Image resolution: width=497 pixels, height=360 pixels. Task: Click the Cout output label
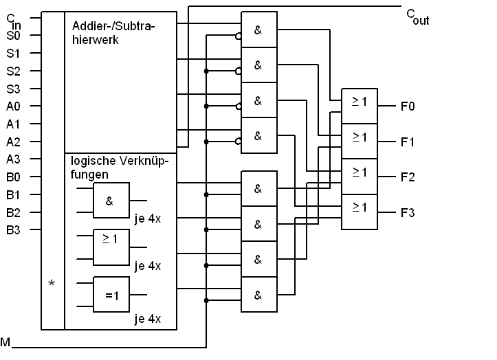[x=417, y=17]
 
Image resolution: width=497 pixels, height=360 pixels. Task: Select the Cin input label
[x=14, y=21]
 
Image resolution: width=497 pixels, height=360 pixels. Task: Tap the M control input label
[x=5, y=342]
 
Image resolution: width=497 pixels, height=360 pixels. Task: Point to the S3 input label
[x=13, y=89]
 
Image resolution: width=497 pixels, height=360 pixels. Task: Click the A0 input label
[x=13, y=106]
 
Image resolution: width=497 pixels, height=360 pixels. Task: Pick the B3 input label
[x=13, y=229]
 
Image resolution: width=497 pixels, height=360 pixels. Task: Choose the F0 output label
[x=408, y=106]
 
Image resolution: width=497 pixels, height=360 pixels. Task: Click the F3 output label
[x=408, y=213]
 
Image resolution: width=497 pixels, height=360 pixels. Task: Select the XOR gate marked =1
[x=111, y=295]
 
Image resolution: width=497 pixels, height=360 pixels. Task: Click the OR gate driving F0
[x=360, y=106]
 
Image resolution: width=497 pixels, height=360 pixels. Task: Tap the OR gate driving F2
[x=360, y=177]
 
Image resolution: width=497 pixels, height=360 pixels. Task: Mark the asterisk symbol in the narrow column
[x=52, y=283]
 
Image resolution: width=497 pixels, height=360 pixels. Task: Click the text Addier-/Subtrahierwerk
[x=113, y=33]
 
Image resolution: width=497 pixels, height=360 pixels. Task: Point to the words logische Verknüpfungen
[x=119, y=168]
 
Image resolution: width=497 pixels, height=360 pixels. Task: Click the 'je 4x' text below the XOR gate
[x=147, y=319]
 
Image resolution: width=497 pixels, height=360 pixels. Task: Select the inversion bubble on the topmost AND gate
[x=238, y=36]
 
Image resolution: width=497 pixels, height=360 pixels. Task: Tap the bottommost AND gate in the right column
[x=259, y=295]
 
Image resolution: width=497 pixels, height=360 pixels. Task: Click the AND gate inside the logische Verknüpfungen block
[x=111, y=201]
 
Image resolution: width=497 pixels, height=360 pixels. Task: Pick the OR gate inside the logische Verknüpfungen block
[x=111, y=247]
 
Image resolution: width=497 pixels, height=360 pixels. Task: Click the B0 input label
[x=13, y=177]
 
